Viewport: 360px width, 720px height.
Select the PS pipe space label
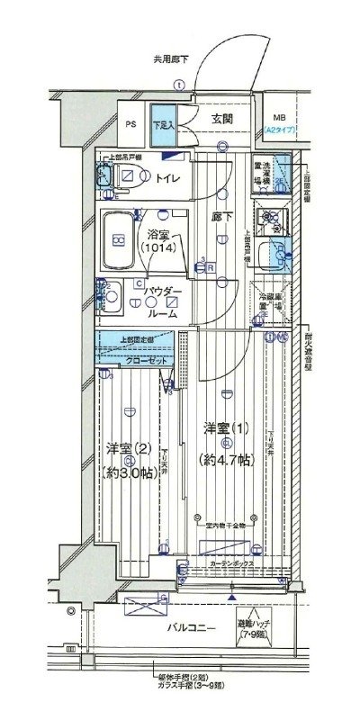(x=131, y=124)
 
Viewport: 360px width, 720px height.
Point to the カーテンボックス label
(x=230, y=563)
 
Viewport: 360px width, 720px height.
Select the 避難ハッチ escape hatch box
(x=256, y=626)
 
